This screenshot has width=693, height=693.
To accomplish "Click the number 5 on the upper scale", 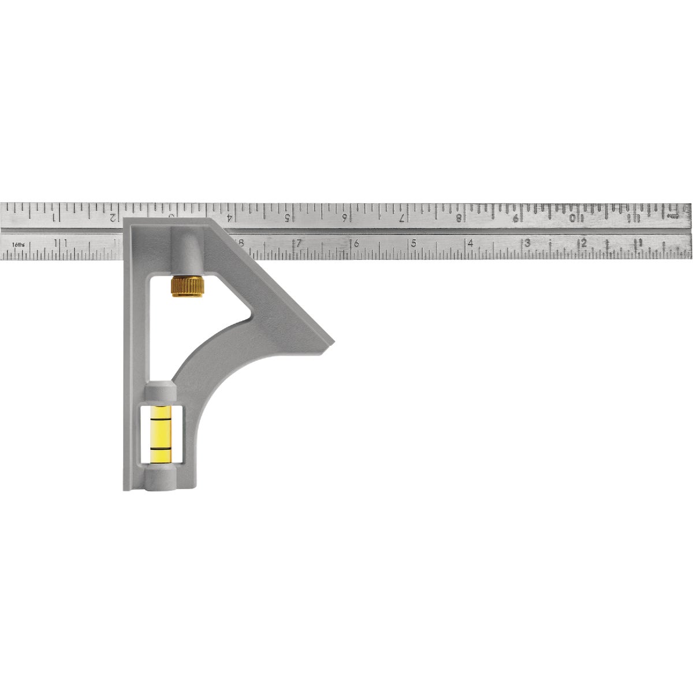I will click(287, 218).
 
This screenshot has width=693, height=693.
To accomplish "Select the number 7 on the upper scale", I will click(402, 218).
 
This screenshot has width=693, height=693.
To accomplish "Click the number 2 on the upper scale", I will click(113, 218).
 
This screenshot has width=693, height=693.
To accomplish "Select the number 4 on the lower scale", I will click(471, 243).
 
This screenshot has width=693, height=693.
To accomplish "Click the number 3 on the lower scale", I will click(527, 243).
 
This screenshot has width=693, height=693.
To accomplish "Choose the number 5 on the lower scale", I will click(413, 243).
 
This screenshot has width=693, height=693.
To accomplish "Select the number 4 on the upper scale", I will click(229, 218).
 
